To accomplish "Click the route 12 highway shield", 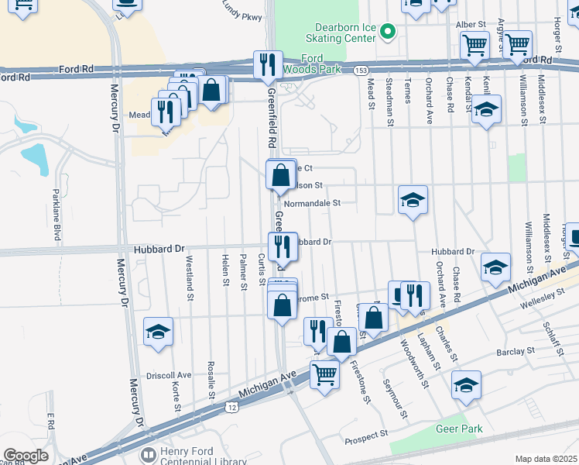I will [231, 406].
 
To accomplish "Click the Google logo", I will [26, 456].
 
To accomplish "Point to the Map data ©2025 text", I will [546, 459].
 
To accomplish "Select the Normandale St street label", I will [313, 203].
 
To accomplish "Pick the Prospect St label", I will [365, 437].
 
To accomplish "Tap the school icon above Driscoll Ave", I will [158, 332].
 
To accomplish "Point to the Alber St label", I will [471, 25].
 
